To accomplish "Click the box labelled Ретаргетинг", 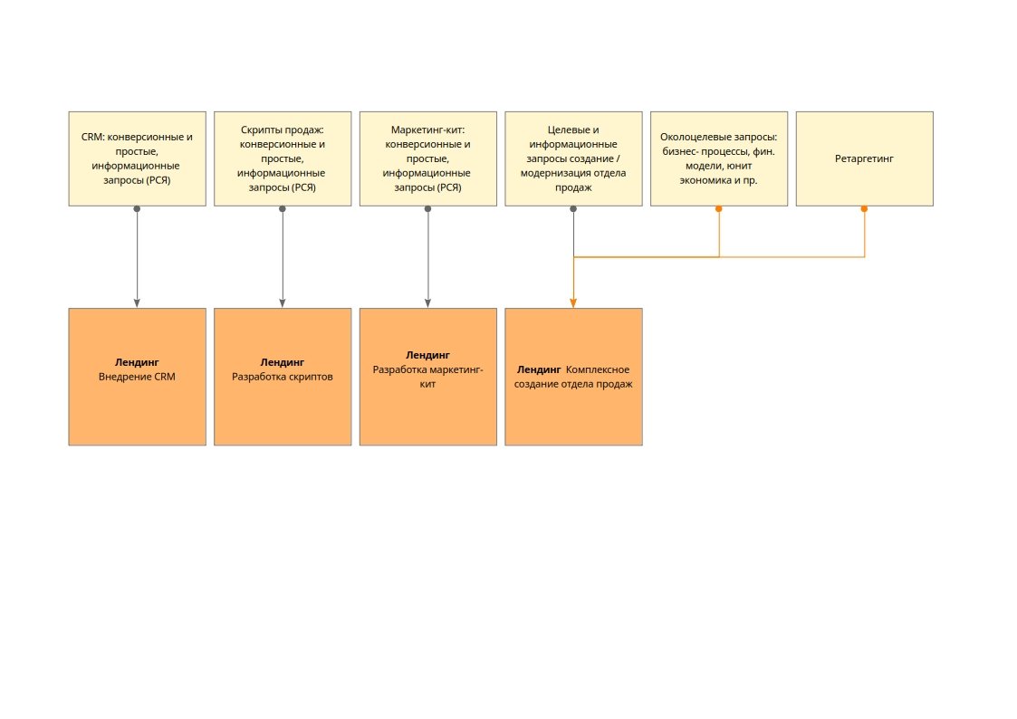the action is point(865,158).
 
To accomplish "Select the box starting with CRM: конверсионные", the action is point(138,158).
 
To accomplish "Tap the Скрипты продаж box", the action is point(283,158).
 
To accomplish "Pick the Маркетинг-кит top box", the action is point(428,158).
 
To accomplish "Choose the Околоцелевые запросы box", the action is point(719,158).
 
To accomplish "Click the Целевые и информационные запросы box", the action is point(574,158).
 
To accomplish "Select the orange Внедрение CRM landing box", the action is point(138,377).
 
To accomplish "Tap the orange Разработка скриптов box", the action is point(283,377).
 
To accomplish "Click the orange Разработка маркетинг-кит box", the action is point(428,377).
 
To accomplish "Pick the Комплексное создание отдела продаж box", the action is point(574,377).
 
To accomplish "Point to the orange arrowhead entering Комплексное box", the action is point(573,303).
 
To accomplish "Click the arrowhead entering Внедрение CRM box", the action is point(137,303).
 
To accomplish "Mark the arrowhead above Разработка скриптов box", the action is point(283,303).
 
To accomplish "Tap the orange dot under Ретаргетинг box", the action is point(864,209).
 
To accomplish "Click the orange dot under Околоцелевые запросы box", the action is point(719,209).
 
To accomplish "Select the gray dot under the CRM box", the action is point(137,209).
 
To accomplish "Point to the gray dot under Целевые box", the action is point(573,209).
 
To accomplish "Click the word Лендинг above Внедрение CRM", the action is point(137,362).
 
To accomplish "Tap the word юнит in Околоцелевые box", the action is point(739,166).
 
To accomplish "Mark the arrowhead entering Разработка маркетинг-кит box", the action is point(427,303).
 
